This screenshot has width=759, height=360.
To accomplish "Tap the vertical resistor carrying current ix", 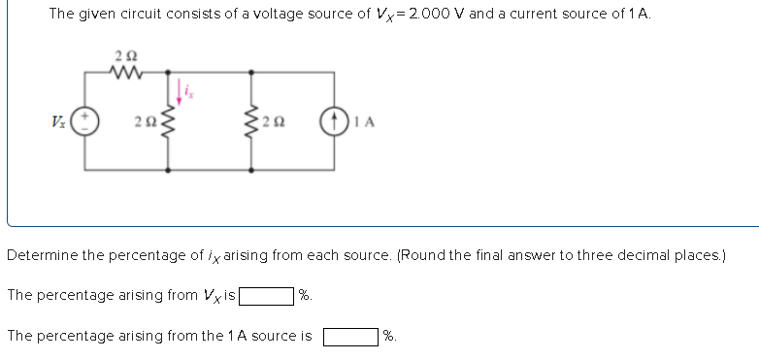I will point(169,121).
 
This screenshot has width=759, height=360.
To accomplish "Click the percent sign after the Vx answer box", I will point(305,295).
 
